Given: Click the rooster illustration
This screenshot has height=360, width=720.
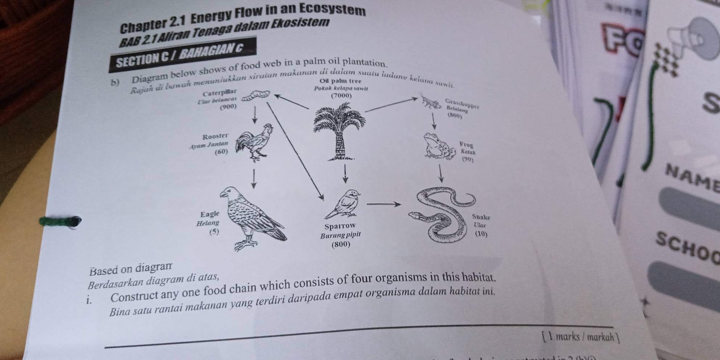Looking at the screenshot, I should pos(255,142).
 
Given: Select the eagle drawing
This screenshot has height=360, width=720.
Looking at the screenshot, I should pos(250,218).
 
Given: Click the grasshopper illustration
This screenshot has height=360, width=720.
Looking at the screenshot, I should pos(432,102).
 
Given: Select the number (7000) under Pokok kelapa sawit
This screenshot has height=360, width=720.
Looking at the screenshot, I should pos(341,96).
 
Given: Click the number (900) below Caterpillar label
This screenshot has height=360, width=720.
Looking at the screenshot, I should pos(228,107).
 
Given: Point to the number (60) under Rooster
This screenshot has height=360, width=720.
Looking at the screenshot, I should pos(221,151).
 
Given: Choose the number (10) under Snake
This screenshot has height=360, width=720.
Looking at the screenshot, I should pos(481,234).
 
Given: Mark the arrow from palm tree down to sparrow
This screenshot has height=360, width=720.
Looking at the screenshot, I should pos(345,174).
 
